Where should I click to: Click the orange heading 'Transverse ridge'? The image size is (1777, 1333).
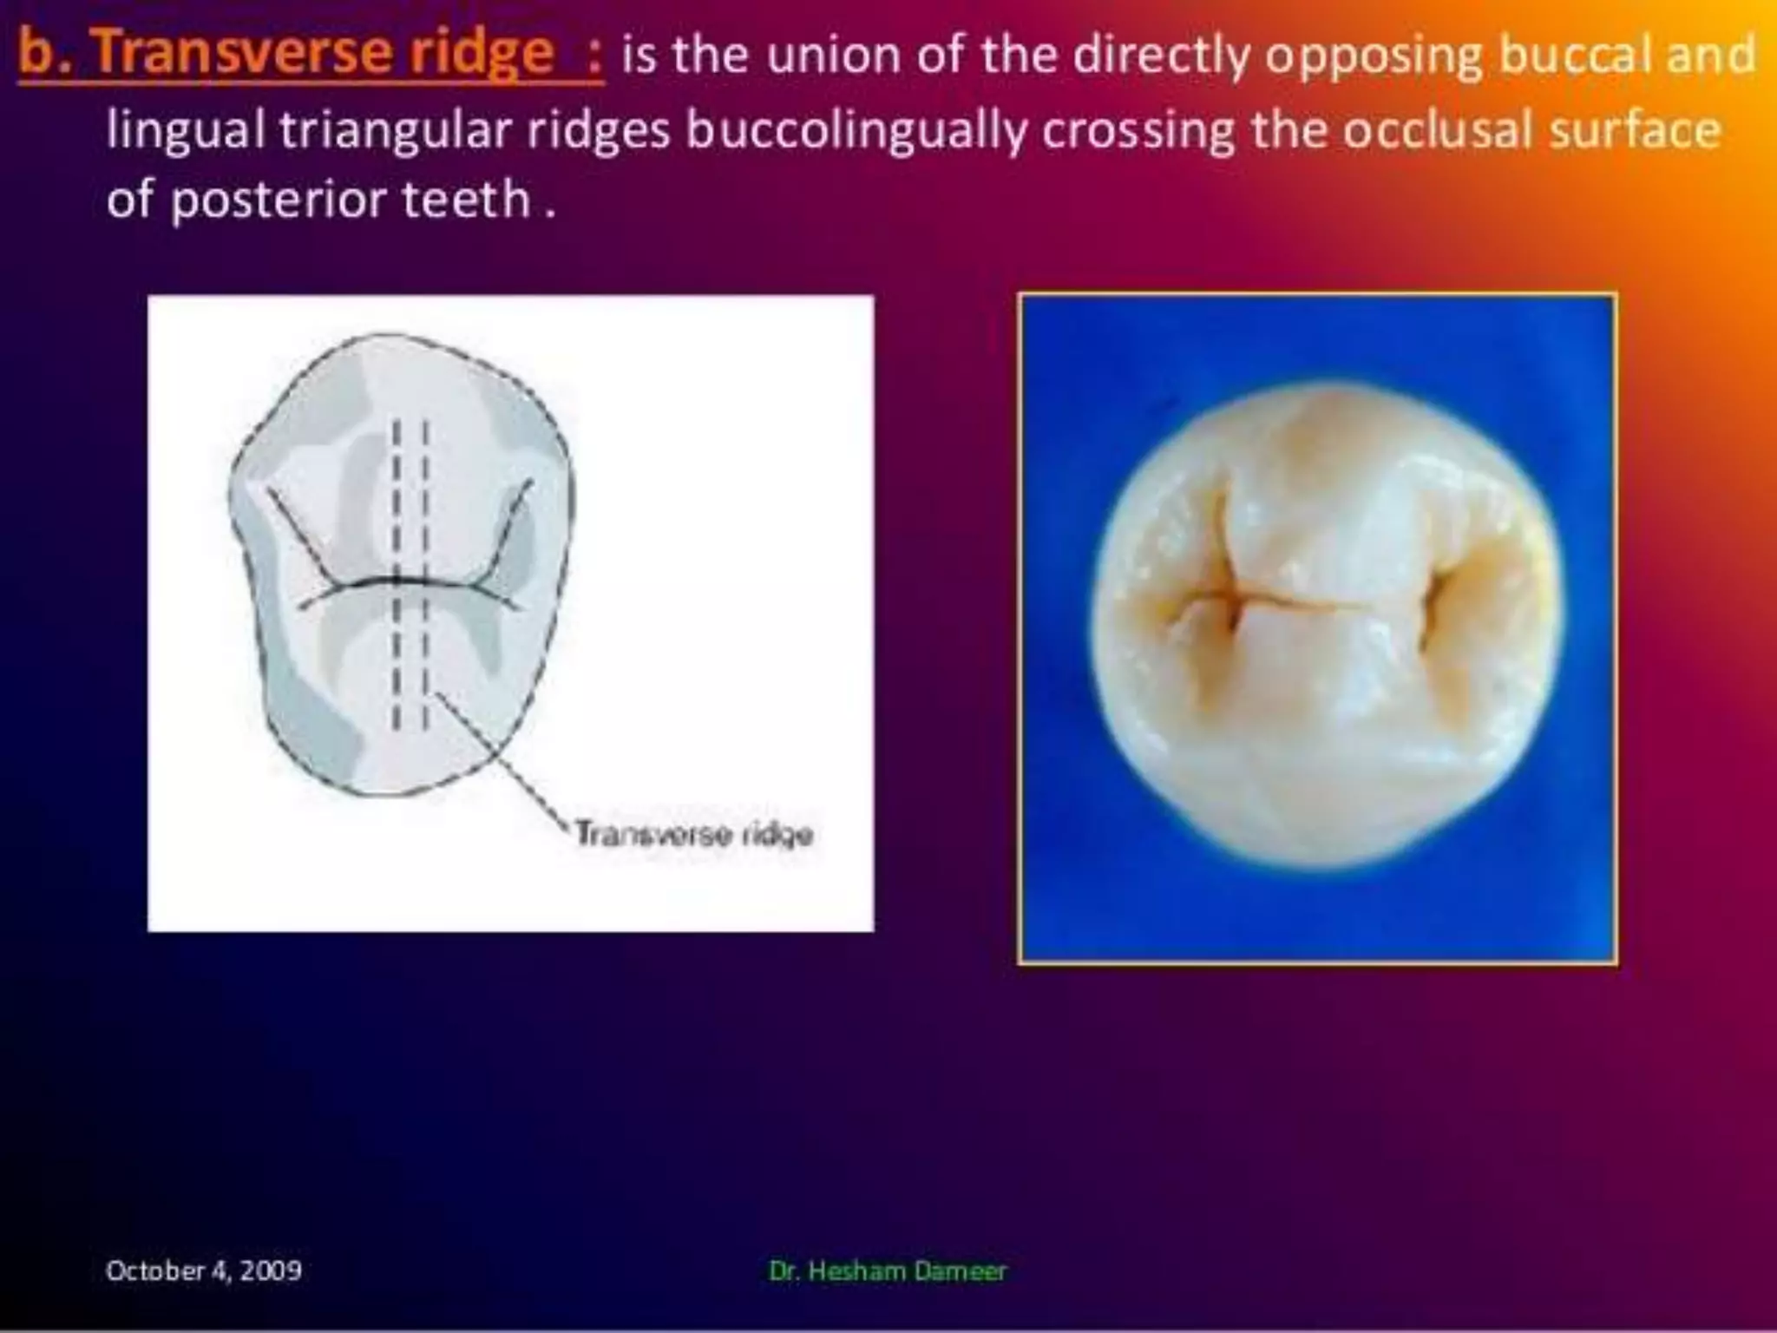[323, 52]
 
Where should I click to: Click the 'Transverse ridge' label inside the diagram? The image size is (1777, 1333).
[694, 834]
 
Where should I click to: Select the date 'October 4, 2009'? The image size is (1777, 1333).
[203, 1271]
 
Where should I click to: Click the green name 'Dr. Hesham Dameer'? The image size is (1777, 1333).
[887, 1271]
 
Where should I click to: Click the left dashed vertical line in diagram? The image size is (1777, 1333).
[396, 573]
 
